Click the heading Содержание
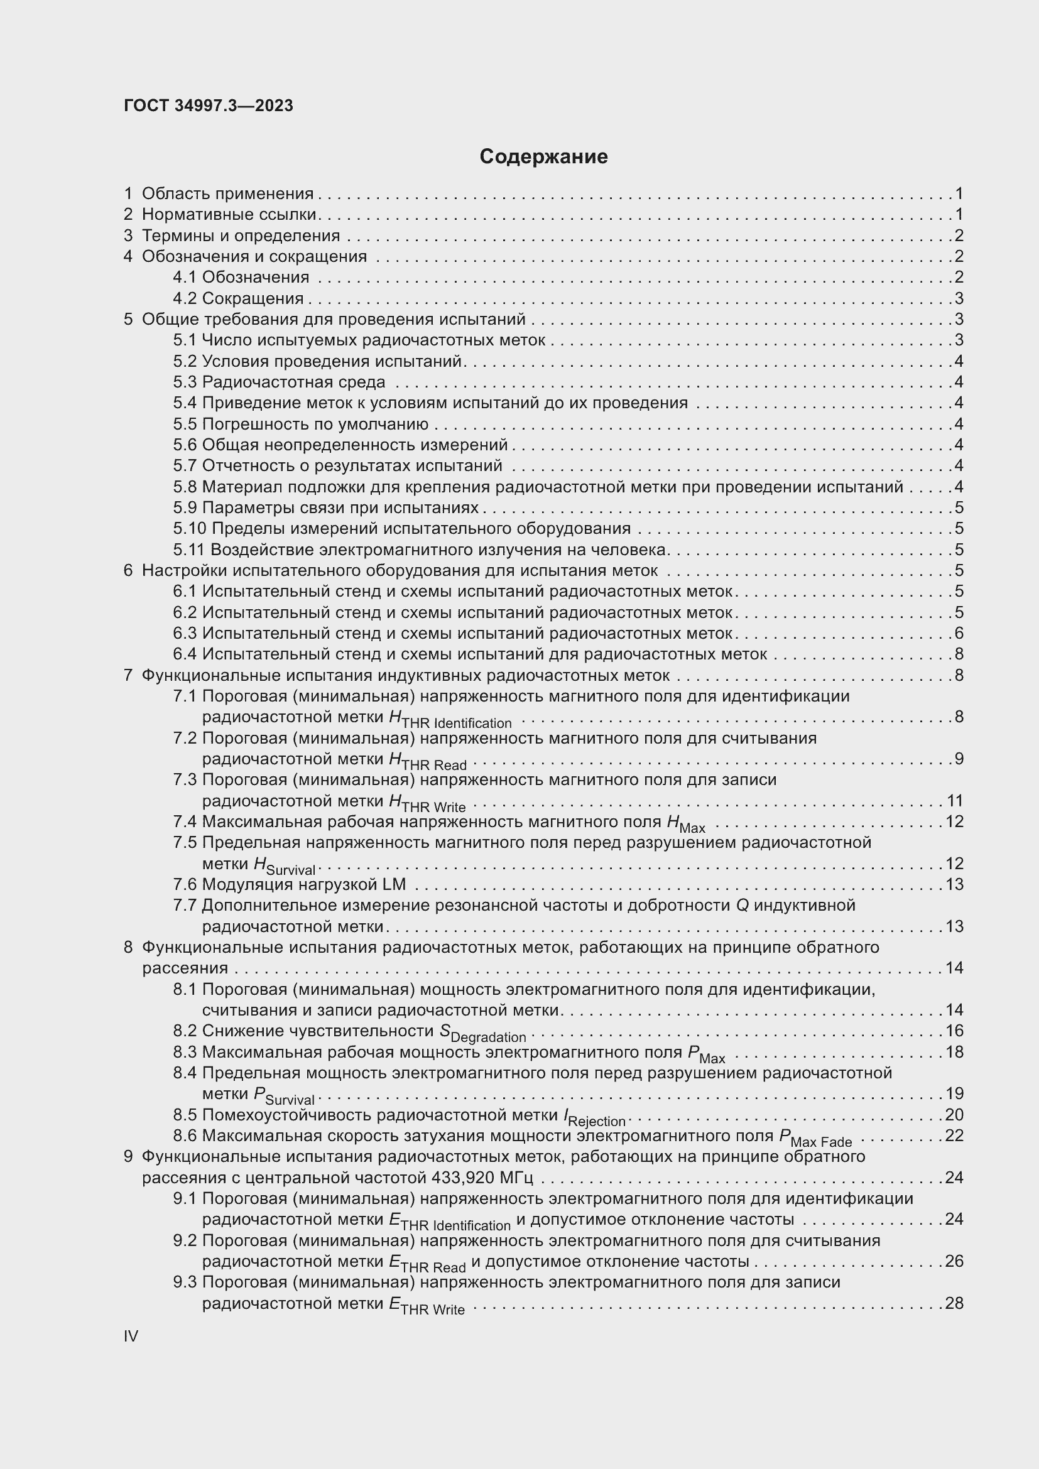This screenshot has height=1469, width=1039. (x=543, y=157)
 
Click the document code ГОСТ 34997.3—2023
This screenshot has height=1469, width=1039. (x=209, y=106)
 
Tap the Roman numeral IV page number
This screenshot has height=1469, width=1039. (x=131, y=1336)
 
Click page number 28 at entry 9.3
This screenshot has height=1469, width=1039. (x=954, y=1303)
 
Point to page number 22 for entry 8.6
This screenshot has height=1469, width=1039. (x=954, y=1136)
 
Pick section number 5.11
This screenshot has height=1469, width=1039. (x=188, y=550)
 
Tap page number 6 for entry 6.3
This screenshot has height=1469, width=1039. (x=959, y=634)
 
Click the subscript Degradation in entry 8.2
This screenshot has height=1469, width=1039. (x=488, y=1037)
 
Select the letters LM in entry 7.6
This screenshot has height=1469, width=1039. (x=394, y=884)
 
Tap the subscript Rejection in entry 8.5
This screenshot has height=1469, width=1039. (x=596, y=1122)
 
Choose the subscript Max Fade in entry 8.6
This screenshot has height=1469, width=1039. (x=822, y=1142)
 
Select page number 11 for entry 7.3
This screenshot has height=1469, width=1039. (x=954, y=801)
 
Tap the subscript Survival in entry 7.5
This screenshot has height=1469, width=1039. (x=291, y=870)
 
